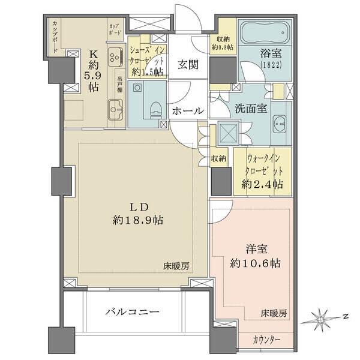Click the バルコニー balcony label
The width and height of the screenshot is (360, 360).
point(133,313)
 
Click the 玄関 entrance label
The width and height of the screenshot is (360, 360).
point(188,65)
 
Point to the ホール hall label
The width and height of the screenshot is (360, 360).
point(188,111)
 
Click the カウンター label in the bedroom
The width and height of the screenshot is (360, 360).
point(265,340)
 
